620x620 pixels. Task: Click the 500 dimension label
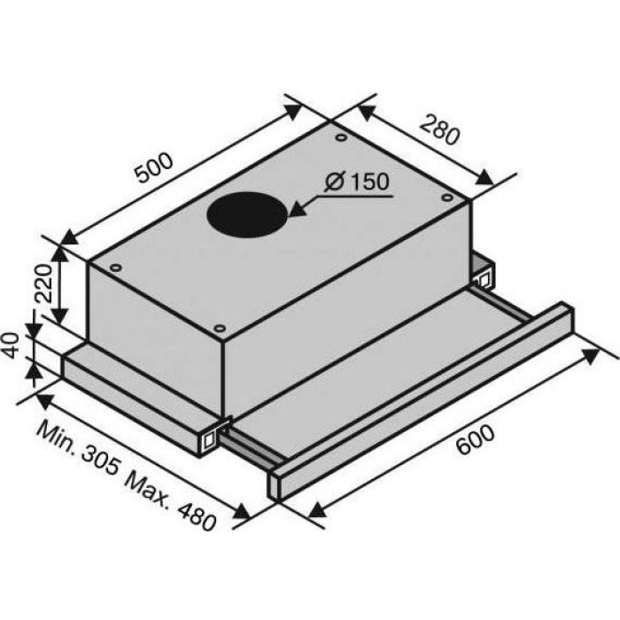point(154,167)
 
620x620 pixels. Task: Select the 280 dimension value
point(439,130)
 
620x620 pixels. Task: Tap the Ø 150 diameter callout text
point(357,182)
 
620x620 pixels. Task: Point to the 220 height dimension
point(43,283)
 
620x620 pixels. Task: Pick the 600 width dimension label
point(475,439)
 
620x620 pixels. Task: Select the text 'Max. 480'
point(170,502)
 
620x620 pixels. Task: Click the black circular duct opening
point(247,214)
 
